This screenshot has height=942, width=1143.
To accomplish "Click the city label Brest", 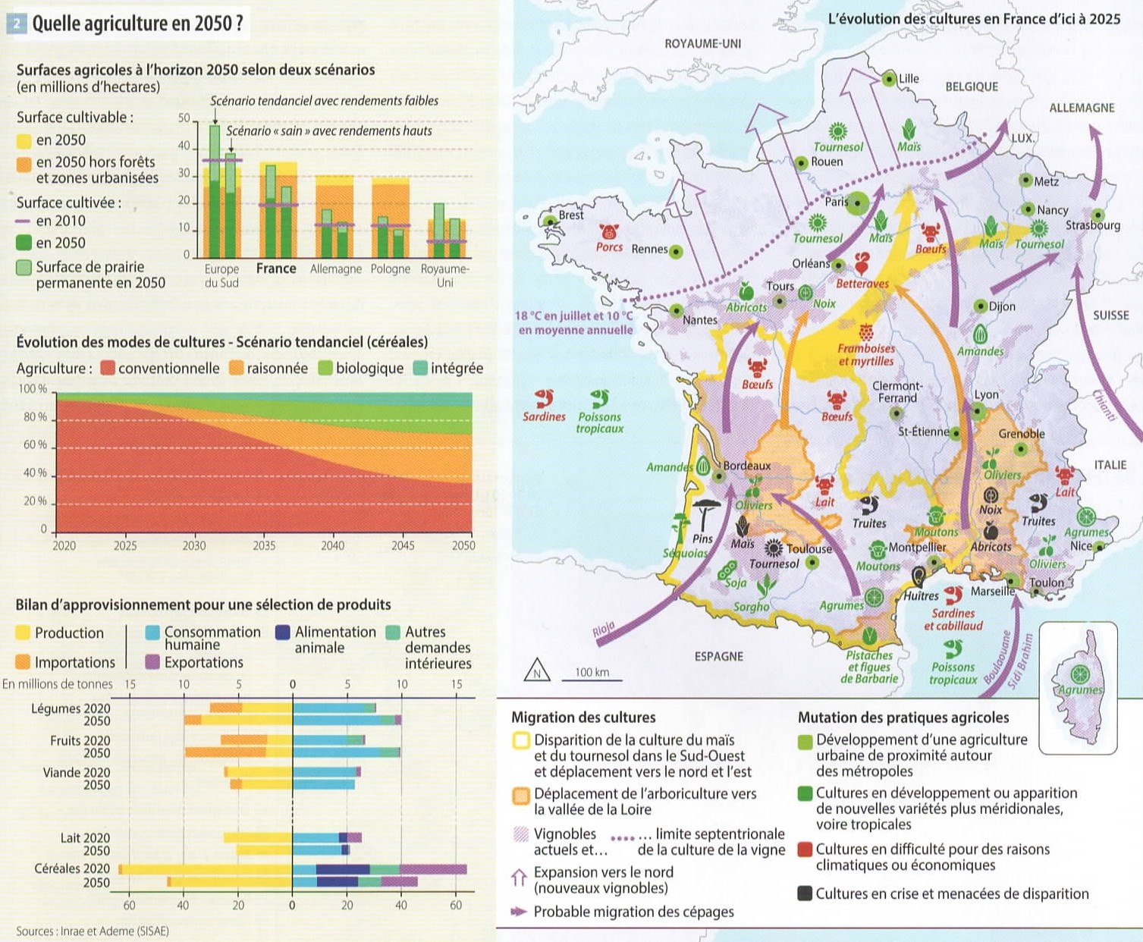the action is point(571,215).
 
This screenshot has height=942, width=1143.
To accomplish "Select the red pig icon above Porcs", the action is point(608,231).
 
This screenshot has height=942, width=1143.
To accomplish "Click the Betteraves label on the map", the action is point(862,284).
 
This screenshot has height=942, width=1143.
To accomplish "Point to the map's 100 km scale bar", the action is point(592,680).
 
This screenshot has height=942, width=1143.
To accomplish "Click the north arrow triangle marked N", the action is point(536,670).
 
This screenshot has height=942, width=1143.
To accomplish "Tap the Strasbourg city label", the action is point(1093,225).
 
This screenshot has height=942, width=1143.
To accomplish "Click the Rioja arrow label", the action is point(603,630).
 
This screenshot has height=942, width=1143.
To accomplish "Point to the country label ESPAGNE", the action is point(719,656).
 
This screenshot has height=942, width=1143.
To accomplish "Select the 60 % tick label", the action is point(35,444).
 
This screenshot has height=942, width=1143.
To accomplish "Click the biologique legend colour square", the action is point(325,368).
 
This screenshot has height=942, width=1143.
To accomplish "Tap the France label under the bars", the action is point(276,268).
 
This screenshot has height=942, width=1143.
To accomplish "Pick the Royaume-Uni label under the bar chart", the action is point(444,275).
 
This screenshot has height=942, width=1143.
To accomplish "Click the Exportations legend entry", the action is point(194,662).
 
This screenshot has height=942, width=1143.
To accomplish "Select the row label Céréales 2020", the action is point(72,868).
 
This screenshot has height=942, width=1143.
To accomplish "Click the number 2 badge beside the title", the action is point(17,24).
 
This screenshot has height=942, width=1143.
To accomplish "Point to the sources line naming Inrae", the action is point(93,931).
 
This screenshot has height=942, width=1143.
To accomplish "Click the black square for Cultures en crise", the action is point(804,893).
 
